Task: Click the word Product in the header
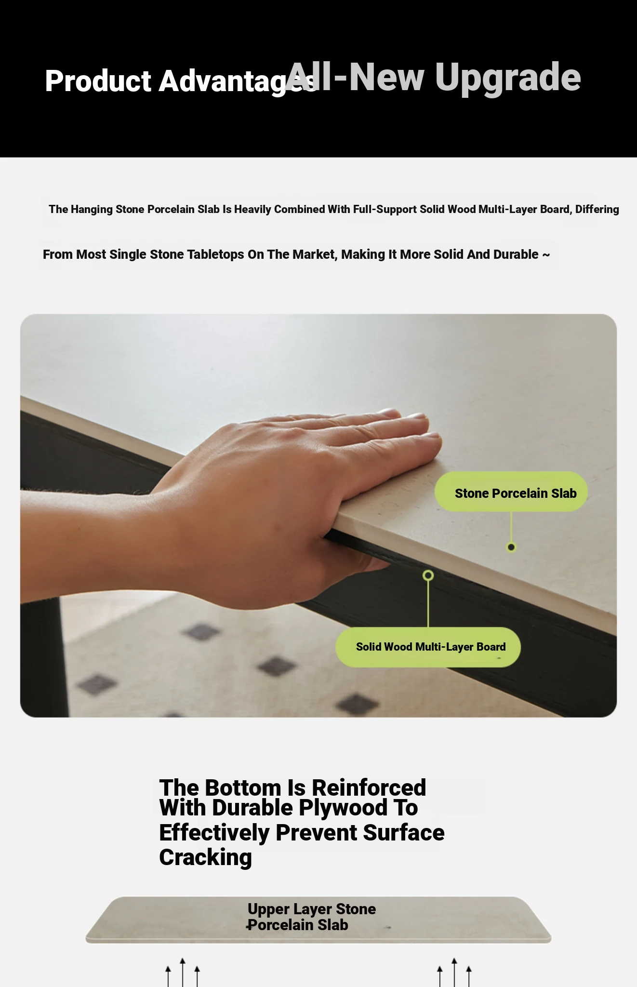(98, 80)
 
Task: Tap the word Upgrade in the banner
(508, 77)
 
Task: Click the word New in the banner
(386, 77)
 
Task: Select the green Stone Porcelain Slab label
(511, 492)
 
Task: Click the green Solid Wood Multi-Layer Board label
(428, 647)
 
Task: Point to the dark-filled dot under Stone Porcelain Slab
(511, 547)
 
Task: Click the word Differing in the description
(597, 210)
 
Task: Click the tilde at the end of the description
(546, 255)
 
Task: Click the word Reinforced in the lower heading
(369, 788)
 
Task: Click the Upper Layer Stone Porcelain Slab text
(311, 917)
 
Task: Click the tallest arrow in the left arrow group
(183, 973)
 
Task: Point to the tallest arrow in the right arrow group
(454, 973)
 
